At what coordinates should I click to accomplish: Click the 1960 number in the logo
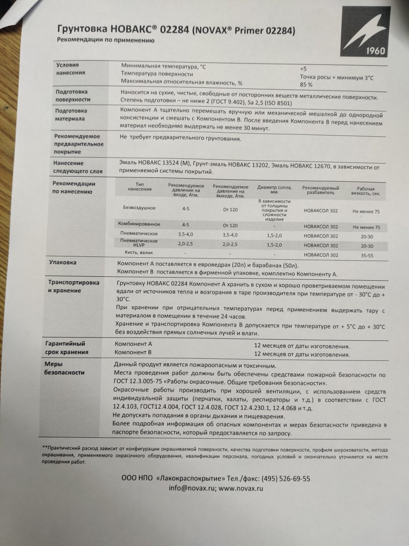pos(375,51)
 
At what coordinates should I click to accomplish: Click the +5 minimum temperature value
pos(303,69)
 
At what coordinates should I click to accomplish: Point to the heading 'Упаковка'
pos(63,262)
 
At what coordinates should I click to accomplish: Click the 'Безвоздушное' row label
pos(139,208)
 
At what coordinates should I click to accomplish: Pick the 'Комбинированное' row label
pos(139,224)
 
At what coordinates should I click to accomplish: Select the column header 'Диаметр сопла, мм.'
pos(274,190)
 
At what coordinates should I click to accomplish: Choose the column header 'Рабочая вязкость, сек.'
pos(366,191)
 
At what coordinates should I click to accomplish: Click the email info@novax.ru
pos(191,488)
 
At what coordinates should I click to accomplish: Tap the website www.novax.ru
pos(240,488)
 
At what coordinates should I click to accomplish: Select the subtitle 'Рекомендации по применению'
pos(106,41)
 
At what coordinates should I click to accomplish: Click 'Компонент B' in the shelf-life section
pos(133,353)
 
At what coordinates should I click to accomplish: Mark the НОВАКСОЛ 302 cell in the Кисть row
pos(321,255)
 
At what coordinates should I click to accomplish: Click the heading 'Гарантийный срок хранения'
pos(67,348)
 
